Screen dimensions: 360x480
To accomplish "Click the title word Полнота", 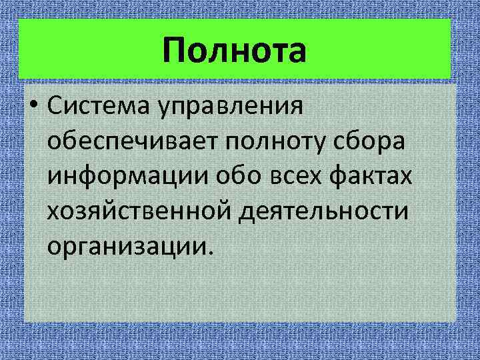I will [234, 51].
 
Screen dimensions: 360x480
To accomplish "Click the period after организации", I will [211, 252].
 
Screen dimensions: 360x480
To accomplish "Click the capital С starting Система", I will [55, 107].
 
